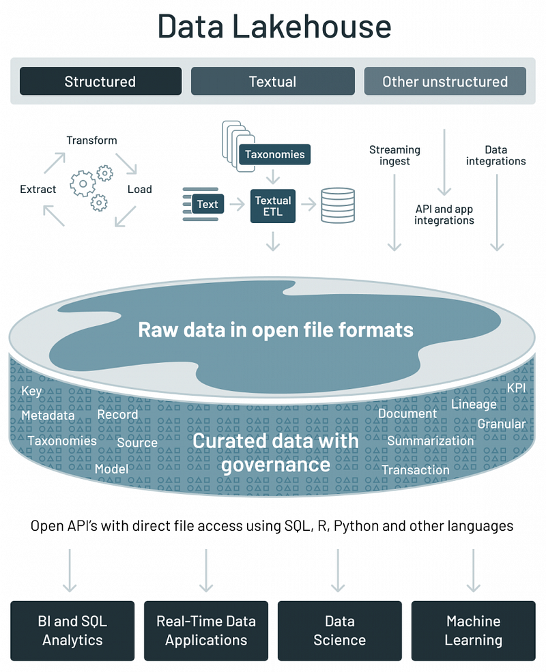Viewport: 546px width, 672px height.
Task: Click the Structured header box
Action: click(100, 81)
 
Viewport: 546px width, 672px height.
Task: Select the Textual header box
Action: click(272, 81)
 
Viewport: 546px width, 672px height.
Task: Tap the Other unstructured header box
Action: click(444, 81)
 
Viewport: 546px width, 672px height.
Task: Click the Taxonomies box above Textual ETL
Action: click(275, 154)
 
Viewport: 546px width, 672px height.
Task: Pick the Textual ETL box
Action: click(273, 206)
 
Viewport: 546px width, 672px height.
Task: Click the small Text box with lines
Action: click(207, 204)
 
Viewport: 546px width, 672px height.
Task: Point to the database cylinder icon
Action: click(338, 205)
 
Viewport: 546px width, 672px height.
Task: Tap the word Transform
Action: click(91, 141)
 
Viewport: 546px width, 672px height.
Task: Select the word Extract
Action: click(38, 189)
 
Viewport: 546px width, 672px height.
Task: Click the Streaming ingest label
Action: click(394, 156)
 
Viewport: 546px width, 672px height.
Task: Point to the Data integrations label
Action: click(496, 156)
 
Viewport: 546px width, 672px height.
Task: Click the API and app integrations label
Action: click(444, 215)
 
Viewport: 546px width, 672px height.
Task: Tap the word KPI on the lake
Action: click(517, 388)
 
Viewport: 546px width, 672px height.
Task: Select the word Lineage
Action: click(474, 405)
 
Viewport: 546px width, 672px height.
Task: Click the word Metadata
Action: click(48, 415)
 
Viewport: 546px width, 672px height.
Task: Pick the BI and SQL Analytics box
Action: click(72, 630)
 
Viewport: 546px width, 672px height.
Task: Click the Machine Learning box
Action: click(473, 630)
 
